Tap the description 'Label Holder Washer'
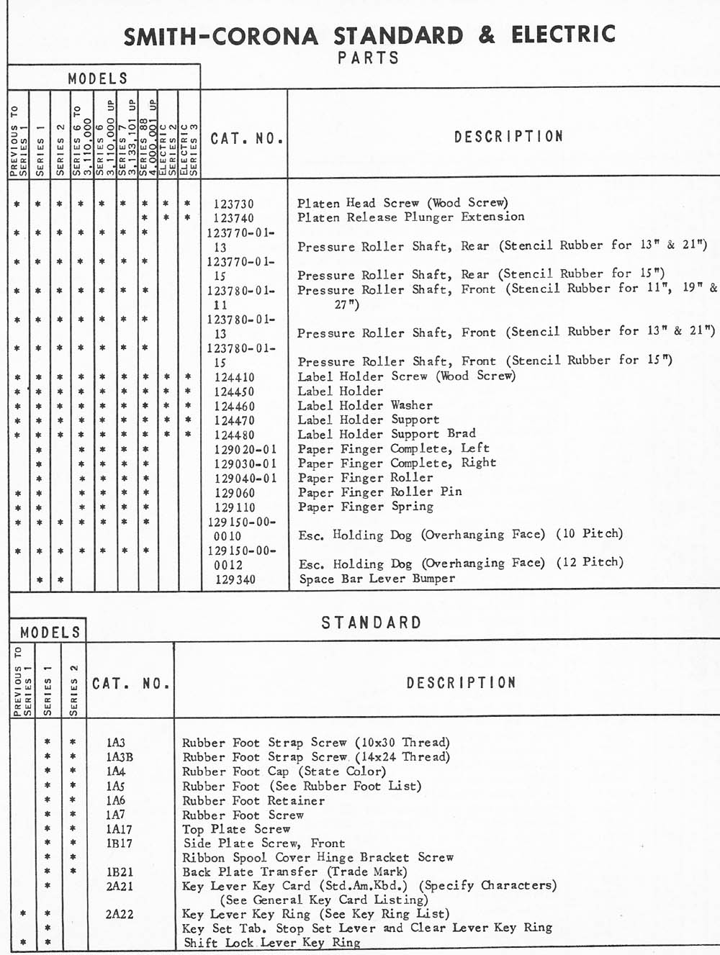point(365,406)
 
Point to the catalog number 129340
point(235,579)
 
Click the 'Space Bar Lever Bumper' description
point(377,579)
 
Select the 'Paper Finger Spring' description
point(366,507)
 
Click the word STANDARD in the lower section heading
point(371,623)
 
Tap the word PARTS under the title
point(368,58)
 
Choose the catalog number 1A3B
point(120,757)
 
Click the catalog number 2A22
point(120,915)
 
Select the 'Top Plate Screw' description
point(236,829)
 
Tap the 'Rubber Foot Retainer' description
point(253,800)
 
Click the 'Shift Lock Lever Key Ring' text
point(271,943)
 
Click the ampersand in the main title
point(487,35)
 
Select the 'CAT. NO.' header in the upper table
point(246,137)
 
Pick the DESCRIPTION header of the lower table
point(461,682)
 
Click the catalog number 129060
point(235,493)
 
